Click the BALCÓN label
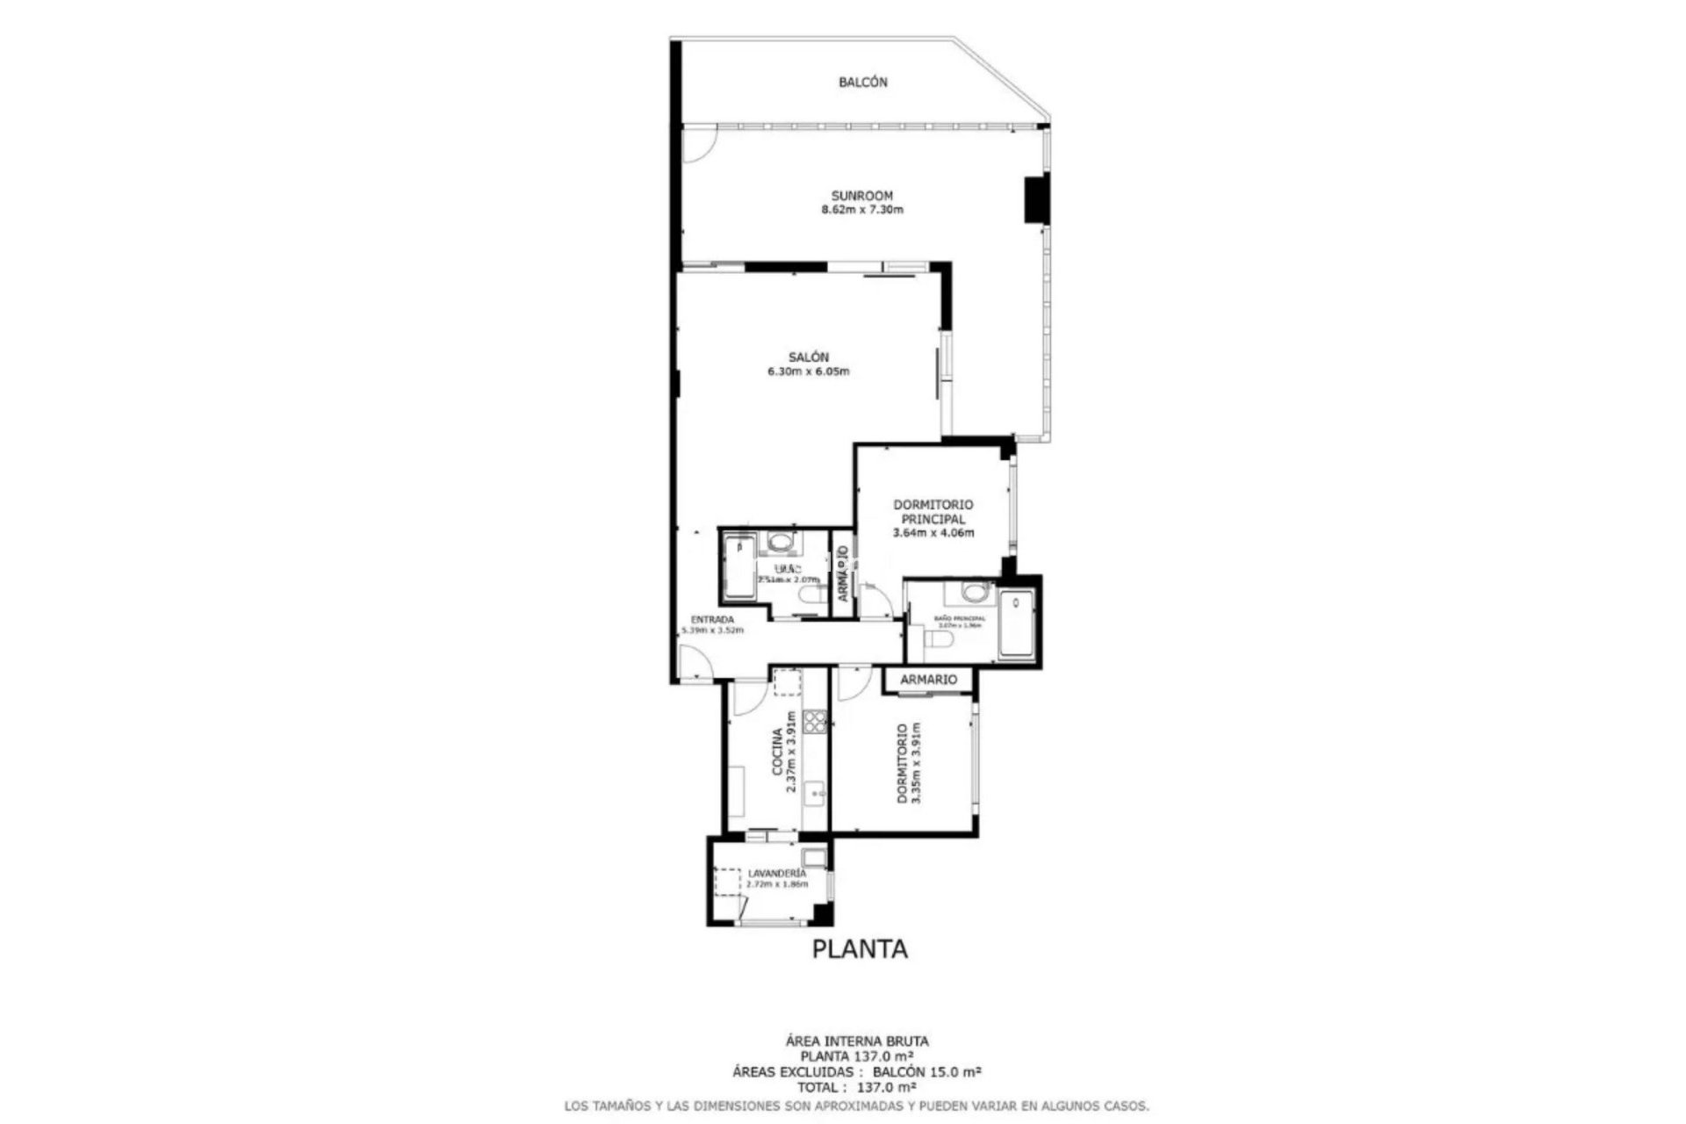(x=862, y=83)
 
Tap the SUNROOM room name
(x=862, y=196)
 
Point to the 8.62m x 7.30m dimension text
(x=862, y=210)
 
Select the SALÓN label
(x=808, y=357)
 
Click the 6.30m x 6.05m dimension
(x=808, y=371)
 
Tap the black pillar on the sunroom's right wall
(x=1036, y=199)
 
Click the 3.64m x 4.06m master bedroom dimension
(x=933, y=533)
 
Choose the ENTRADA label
(x=712, y=619)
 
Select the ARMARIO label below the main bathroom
(x=928, y=680)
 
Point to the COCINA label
(x=777, y=752)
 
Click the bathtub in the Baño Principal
(x=1017, y=624)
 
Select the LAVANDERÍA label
(x=776, y=874)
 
